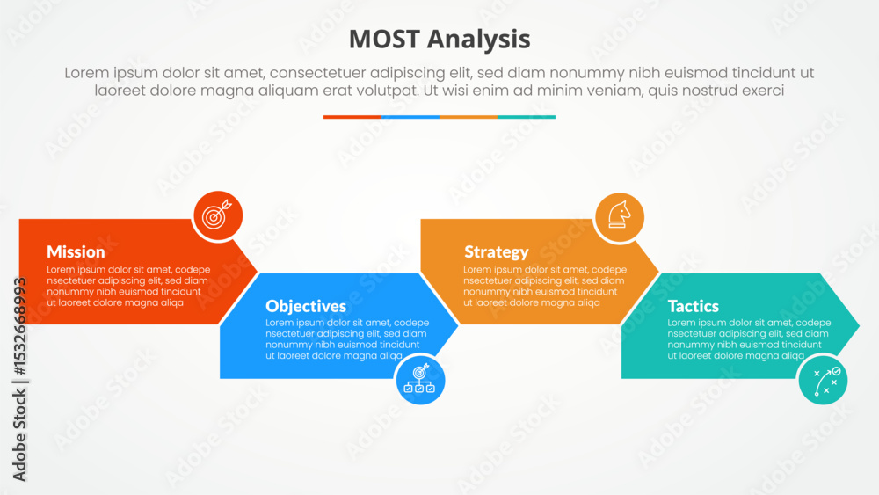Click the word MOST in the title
384,40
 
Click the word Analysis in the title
479,40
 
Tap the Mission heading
76,251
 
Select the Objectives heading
306,306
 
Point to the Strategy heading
496,252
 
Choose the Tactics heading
693,306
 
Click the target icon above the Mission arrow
218,215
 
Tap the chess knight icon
620,217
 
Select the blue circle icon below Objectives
420,380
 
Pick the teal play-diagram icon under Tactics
823,380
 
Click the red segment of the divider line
352,117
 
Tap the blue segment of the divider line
410,117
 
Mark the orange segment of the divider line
469,117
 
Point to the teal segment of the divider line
527,117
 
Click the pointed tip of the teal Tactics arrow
859,325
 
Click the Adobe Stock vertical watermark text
19,380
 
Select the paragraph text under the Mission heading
128,286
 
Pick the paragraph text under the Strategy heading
545,286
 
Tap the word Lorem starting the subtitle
87,73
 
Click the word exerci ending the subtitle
763,91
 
